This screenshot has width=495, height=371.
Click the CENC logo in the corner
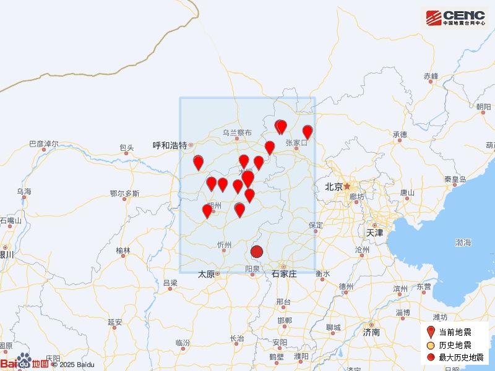[x=456, y=17]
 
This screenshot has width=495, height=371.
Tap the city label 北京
[x=334, y=186]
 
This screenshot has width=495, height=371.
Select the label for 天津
[x=374, y=233]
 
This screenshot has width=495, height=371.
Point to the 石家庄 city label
[x=284, y=273]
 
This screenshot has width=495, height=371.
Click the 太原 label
[x=206, y=273]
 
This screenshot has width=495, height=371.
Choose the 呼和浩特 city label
[x=170, y=145]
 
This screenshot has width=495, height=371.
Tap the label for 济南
[x=371, y=332]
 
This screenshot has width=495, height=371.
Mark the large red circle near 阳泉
[x=257, y=252]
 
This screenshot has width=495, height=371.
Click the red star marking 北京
[x=347, y=185]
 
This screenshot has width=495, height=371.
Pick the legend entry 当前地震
[x=455, y=333]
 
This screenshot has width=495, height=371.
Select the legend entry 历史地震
[x=455, y=345]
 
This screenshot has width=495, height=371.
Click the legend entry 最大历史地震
[x=461, y=357]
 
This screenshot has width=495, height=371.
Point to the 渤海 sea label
[x=463, y=242]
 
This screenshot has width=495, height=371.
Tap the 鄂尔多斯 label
[x=124, y=194]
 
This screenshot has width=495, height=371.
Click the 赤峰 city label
[x=431, y=76]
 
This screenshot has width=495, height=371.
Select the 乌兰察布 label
[x=238, y=133]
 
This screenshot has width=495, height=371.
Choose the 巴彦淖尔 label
[x=43, y=144]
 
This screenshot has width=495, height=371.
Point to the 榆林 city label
[x=123, y=251]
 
